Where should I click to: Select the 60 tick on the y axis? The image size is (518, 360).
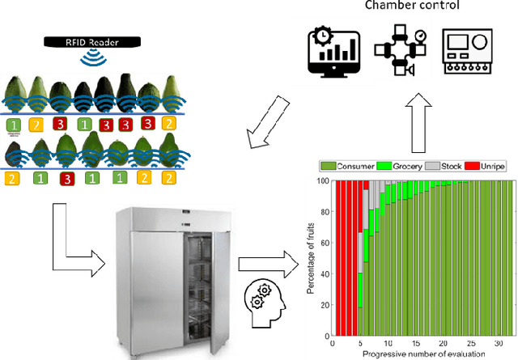click(324, 244)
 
